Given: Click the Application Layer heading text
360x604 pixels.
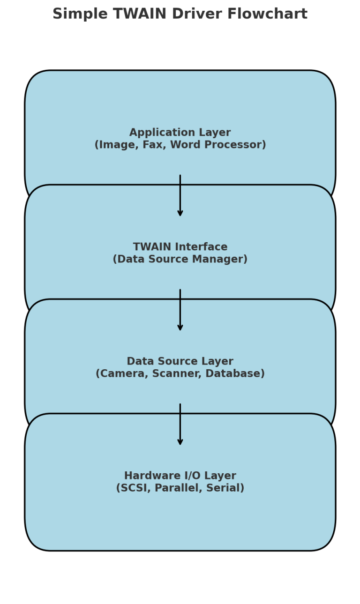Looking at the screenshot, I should pos(180,133).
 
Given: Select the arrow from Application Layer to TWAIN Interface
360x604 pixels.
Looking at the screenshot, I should pos(180,195).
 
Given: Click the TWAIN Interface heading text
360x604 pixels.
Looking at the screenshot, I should pos(180,247).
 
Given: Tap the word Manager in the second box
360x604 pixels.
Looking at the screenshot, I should pos(220,260).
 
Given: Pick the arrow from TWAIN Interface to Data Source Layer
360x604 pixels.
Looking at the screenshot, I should pos(180,310).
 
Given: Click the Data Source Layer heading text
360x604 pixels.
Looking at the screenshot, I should pos(180,361).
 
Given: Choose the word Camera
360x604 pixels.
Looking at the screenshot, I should pos(119,374).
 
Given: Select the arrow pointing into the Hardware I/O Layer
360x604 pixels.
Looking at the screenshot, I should pos(180,424).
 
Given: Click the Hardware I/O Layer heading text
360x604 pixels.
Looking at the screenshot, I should pos(180,476).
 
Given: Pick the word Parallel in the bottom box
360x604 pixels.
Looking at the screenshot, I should pos(180,488).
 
